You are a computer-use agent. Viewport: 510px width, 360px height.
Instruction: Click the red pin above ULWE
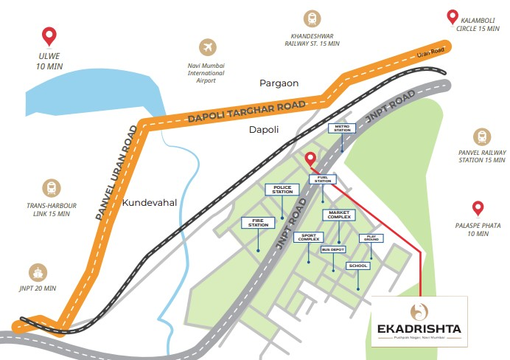pos(49,35)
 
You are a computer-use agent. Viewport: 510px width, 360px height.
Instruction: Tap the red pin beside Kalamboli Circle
pos(453,17)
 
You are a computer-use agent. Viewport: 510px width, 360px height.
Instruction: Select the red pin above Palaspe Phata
pos(478,209)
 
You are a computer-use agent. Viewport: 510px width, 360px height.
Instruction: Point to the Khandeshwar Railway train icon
pos(312,19)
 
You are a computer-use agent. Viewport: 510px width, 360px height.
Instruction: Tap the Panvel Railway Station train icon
pos(482,136)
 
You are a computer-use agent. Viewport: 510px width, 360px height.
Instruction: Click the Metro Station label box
pos(342,128)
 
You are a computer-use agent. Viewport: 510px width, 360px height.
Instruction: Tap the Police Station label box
pos(283,190)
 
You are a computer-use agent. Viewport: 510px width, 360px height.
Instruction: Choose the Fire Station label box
pos(258,222)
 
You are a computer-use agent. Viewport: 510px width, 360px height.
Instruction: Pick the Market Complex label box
pos(338,214)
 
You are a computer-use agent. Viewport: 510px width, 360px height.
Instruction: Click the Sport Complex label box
pos(308,238)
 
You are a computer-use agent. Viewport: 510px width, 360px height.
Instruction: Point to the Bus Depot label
pos(333,249)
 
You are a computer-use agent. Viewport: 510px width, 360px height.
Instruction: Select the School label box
pos(358,265)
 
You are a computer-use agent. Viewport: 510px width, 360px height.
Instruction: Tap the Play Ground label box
pos(369,238)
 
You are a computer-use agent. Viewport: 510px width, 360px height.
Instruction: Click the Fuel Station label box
pos(322,179)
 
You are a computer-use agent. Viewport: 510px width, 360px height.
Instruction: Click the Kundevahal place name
pos(150,202)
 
